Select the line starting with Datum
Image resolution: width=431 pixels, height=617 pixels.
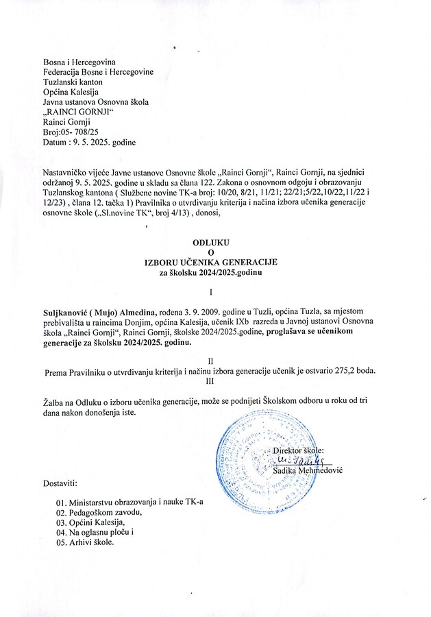[89, 142]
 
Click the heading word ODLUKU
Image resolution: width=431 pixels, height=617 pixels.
[210, 243]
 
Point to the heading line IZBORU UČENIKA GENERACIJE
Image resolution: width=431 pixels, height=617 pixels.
[210, 263]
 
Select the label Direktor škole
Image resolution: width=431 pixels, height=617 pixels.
[301, 450]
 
